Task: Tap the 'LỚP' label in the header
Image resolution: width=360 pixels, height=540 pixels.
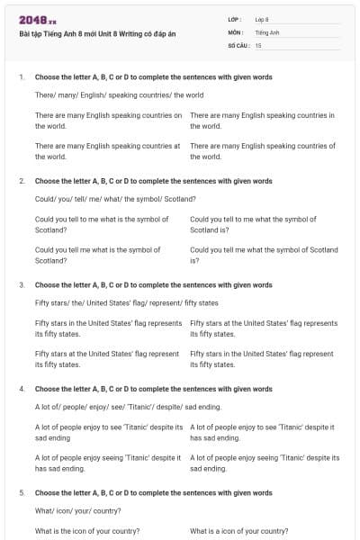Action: click(x=236, y=19)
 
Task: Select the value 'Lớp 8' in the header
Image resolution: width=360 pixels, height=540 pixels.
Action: click(x=262, y=19)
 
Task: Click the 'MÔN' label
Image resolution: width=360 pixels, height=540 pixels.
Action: click(x=236, y=31)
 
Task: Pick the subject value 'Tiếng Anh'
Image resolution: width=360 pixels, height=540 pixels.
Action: click(x=267, y=31)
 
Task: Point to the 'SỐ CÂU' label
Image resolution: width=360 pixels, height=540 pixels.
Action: click(x=238, y=44)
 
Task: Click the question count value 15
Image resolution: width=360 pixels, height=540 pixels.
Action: click(x=258, y=44)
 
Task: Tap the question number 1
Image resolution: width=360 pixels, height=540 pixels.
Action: click(x=22, y=77)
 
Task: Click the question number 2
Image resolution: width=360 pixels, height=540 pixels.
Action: click(x=22, y=181)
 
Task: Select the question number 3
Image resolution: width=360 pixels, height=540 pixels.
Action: click(x=22, y=284)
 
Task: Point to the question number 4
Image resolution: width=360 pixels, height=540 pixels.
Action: click(x=22, y=389)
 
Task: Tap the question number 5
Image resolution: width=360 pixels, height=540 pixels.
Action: click(x=22, y=493)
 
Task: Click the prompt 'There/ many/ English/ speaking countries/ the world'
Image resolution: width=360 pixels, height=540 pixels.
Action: click(x=119, y=94)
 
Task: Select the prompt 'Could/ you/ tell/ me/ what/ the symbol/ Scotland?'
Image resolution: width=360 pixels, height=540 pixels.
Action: click(x=115, y=198)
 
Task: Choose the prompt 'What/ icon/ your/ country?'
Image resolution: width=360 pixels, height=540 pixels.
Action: click(x=77, y=510)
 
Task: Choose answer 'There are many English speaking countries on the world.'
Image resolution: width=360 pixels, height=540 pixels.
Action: click(x=108, y=121)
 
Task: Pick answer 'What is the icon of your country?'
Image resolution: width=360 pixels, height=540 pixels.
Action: click(x=87, y=531)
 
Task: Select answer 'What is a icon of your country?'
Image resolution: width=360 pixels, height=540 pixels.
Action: click(x=239, y=531)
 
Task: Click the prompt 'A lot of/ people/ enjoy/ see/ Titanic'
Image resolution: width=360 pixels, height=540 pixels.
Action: click(x=121, y=406)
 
